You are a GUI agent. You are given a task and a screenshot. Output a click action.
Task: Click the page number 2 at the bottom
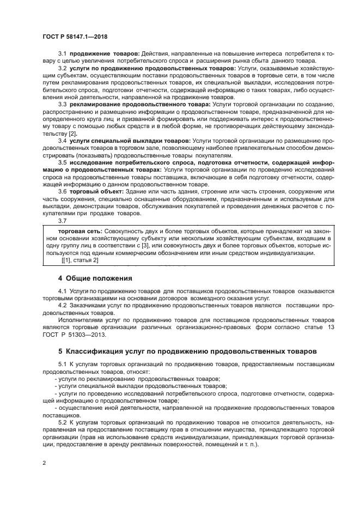(x=44, y=463)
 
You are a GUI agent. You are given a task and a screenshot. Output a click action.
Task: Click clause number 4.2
(x=63, y=306)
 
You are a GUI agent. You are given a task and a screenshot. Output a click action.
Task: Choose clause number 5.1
(x=63, y=364)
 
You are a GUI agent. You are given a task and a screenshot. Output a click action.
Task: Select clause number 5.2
(x=63, y=422)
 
